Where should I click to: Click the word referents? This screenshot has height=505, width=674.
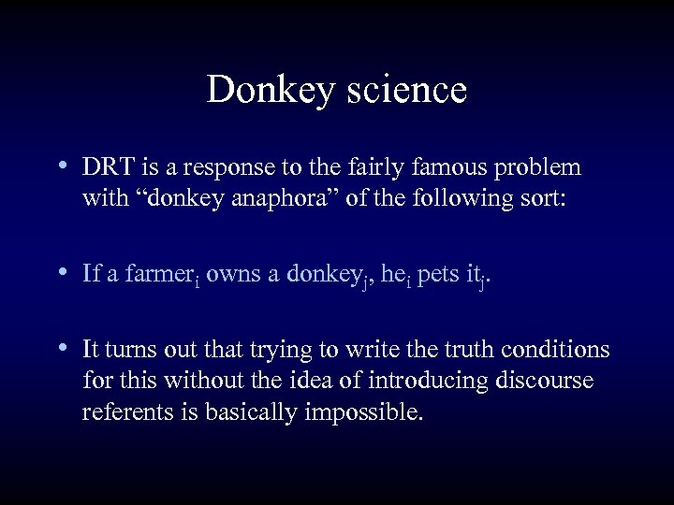tap(125, 412)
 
